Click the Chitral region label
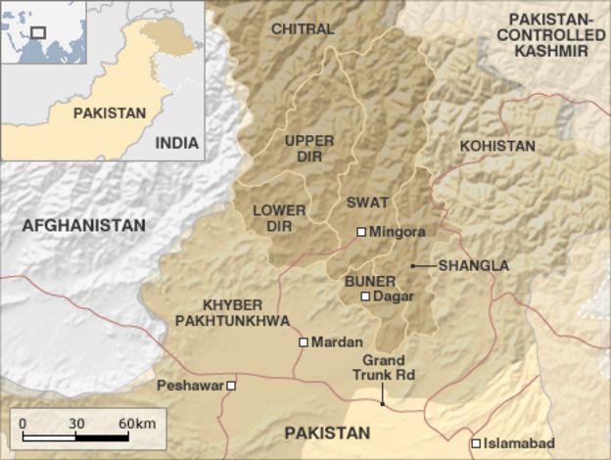pos(302,28)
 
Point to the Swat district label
pos(368,203)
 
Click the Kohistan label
pos(497,146)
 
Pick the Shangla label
pos(475,265)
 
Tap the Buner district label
pos(363,278)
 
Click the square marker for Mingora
pos(361,232)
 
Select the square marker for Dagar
pos(365,296)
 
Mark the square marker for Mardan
pos(304,343)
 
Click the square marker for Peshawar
pos(232,386)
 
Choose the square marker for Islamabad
pos(476,443)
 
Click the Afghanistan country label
pos(83,225)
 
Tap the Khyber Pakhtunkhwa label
pos(231,312)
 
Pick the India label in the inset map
pos(176,142)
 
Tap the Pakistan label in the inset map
pos(109,113)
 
